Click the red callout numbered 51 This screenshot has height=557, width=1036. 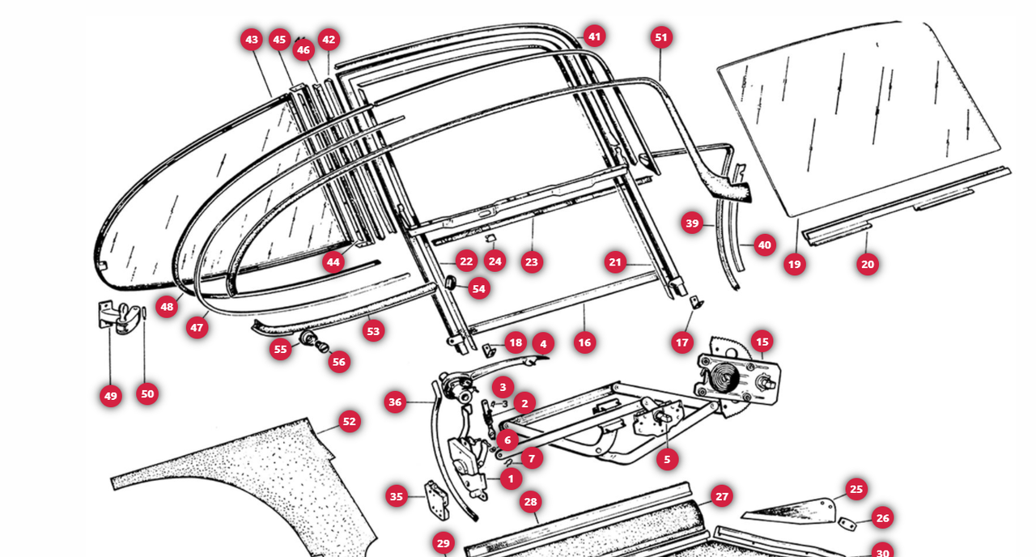click(661, 37)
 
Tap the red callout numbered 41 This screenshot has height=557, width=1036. click(594, 36)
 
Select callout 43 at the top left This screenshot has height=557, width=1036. click(252, 40)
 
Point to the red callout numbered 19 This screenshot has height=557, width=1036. click(795, 264)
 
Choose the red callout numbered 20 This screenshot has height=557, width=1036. click(867, 264)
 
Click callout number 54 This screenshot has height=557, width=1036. click(478, 289)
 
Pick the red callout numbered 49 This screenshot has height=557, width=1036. click(111, 396)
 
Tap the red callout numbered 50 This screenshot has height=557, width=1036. click(147, 394)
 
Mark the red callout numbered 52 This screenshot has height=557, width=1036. click(349, 422)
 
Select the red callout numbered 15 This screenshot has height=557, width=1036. click(762, 342)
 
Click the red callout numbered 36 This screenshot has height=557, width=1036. click(395, 402)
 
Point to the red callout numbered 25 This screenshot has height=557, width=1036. click(856, 489)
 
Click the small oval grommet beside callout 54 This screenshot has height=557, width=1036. click(450, 283)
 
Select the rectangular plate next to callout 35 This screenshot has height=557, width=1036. click(436, 500)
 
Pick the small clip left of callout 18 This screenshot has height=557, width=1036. click(488, 350)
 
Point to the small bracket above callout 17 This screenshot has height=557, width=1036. click(696, 303)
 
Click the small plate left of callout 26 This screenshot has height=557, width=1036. click(847, 524)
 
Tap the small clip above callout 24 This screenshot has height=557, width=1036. click(490, 239)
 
